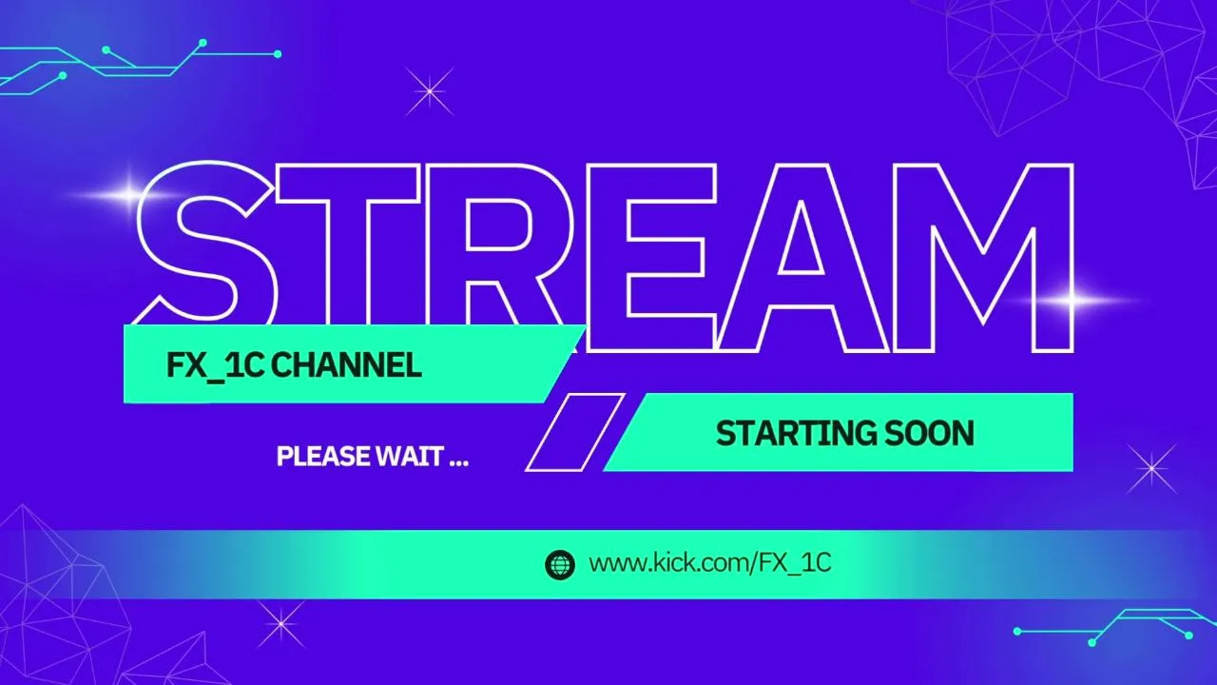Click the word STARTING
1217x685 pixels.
pyautogui.click(x=796, y=434)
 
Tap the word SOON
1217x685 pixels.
pyautogui.click(x=930, y=433)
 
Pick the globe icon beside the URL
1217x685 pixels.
pyautogui.click(x=560, y=564)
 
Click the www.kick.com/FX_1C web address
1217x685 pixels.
pyautogui.click(x=710, y=563)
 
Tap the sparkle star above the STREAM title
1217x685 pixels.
pyautogui.click(x=429, y=91)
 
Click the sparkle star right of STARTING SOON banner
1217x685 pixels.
pyautogui.click(x=1151, y=468)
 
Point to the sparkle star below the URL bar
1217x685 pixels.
pyautogui.click(x=280, y=624)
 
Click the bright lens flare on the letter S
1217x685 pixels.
pyautogui.click(x=130, y=194)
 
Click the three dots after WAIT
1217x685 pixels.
pyautogui.click(x=459, y=463)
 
